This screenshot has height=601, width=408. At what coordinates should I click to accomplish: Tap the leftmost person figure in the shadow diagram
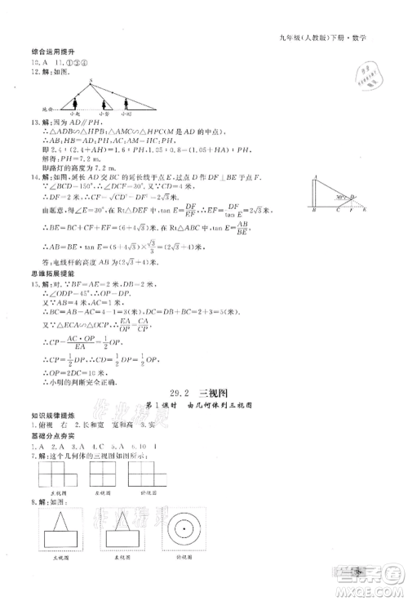76,105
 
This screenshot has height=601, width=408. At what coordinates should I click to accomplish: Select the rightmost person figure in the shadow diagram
126,105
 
